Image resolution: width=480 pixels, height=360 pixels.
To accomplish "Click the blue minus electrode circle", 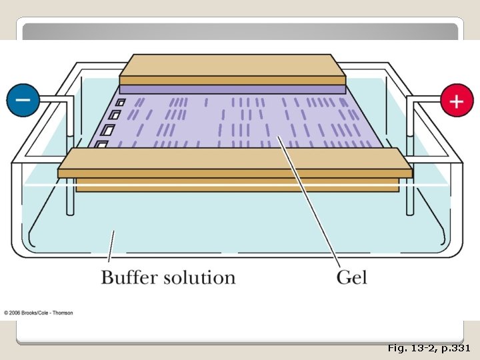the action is point(23,101).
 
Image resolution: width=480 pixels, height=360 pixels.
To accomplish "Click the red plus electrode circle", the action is point(457,101).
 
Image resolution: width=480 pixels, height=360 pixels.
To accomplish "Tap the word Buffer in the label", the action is point(131,277).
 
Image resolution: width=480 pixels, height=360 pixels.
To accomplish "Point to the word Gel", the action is point(351,277).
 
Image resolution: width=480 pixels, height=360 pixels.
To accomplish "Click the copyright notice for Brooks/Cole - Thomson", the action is point(39,313).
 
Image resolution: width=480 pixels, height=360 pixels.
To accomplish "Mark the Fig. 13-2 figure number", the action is point(411,348).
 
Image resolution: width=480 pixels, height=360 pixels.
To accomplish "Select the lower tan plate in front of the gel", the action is point(233,160).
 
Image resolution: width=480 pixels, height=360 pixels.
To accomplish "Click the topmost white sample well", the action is point(121,103).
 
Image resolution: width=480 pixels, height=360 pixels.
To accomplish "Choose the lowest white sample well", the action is point(102,144).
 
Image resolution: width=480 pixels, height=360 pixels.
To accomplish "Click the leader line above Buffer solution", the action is point(111,246).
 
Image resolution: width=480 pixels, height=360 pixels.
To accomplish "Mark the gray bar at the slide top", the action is point(240,31).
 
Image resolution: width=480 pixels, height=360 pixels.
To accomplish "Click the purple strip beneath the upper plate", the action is point(232,89).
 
